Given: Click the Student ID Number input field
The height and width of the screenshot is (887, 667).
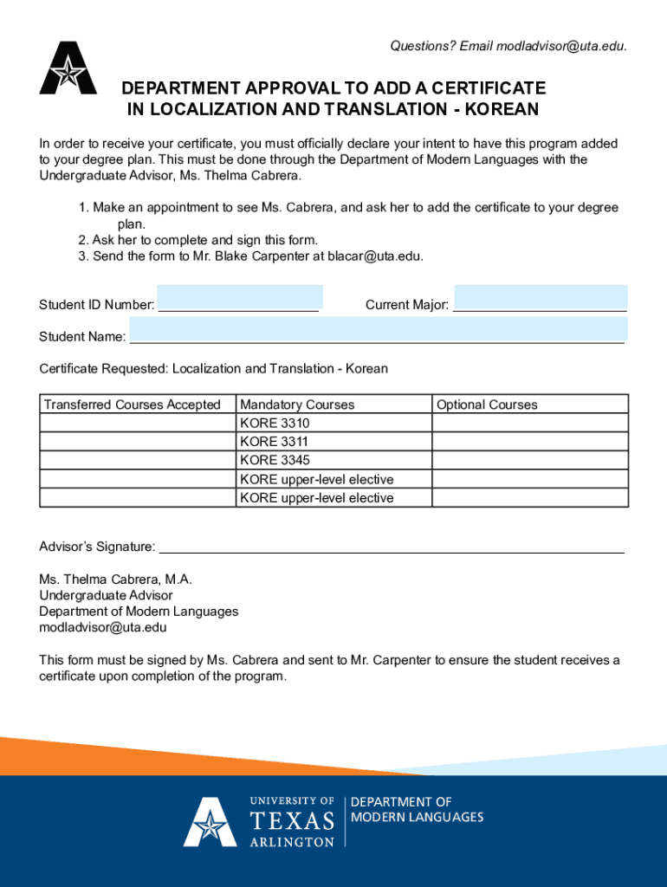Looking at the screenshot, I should [x=240, y=299].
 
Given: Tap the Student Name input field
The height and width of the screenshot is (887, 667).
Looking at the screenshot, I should [x=378, y=330].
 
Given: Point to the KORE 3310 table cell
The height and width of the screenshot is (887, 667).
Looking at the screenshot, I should [x=333, y=424].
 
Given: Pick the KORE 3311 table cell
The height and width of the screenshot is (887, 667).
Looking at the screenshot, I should [x=333, y=442].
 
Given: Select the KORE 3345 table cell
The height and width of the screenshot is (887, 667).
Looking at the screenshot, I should [x=333, y=460].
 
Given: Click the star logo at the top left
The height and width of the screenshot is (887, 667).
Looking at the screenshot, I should [x=68, y=68].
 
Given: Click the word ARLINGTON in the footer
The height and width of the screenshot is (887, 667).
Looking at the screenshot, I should [x=292, y=841].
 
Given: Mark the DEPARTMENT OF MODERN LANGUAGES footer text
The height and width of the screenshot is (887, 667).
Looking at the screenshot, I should [x=417, y=810].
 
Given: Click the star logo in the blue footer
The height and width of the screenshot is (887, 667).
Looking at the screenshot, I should [x=210, y=822].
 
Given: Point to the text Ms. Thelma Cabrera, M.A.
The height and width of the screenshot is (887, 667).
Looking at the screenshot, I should [x=115, y=579].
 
